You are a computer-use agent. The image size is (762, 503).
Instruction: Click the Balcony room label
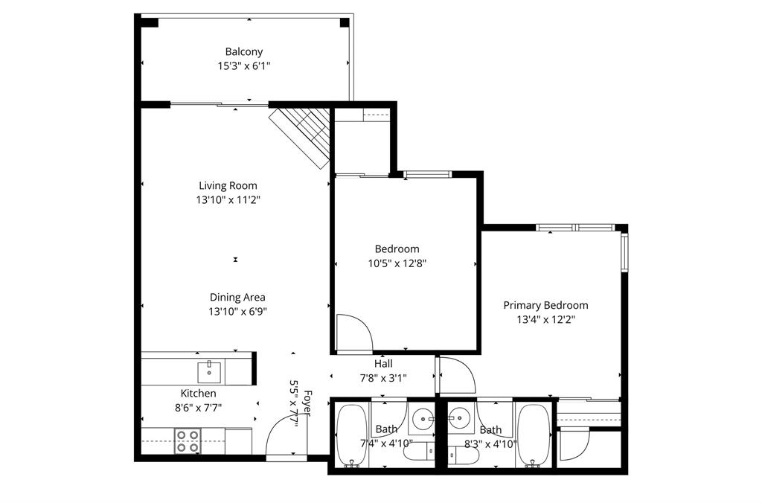243,52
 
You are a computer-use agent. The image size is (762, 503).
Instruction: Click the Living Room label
228,185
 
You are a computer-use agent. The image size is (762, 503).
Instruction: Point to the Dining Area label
237,297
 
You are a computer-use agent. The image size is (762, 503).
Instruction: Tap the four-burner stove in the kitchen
187,440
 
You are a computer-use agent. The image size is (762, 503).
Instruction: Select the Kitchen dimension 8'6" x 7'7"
198,407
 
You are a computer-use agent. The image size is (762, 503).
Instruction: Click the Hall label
383,364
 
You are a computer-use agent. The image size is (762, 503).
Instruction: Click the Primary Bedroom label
545,305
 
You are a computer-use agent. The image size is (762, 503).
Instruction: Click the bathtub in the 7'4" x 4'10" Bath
349,435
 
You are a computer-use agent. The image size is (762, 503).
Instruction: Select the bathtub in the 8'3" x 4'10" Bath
533,435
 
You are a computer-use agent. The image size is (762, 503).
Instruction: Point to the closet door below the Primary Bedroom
573,445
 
